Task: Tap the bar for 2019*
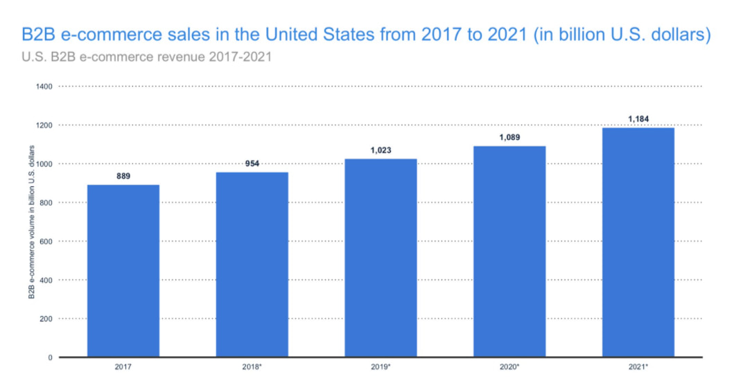[x=381, y=258]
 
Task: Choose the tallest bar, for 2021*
[x=638, y=242]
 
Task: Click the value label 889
[x=123, y=177]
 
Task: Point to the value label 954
[x=252, y=164]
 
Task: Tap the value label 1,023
[x=381, y=150]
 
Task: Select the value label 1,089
[x=509, y=138]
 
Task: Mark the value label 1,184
[x=638, y=119]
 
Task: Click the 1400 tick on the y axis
[x=45, y=87]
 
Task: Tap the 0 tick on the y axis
[x=51, y=358]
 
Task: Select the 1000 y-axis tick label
[x=45, y=164]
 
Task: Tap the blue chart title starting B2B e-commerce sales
[x=367, y=35]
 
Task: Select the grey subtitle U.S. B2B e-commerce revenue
[x=147, y=57]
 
